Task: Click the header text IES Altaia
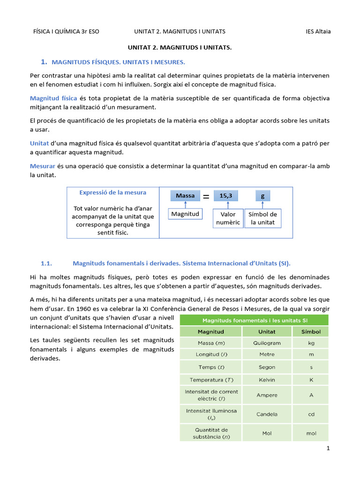coord(318,31)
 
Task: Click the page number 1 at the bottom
coord(328,448)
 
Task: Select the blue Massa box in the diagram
coord(185,196)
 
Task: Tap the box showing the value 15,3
coord(226,196)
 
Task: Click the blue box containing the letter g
coord(262,196)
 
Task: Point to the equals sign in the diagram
coord(206,197)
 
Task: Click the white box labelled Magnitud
coord(185,214)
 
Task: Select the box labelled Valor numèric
coord(228,218)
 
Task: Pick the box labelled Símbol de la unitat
coord(262,218)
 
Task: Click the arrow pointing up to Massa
coord(186,205)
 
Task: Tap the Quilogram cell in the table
coord(267,342)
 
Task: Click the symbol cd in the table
coord(311,414)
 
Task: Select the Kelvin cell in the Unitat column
coord(267,380)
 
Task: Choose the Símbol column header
coord(311,331)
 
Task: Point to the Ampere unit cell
coord(267,395)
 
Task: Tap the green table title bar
coord(254,320)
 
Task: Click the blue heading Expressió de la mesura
coord(112,192)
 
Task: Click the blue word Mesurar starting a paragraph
coord(42,166)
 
